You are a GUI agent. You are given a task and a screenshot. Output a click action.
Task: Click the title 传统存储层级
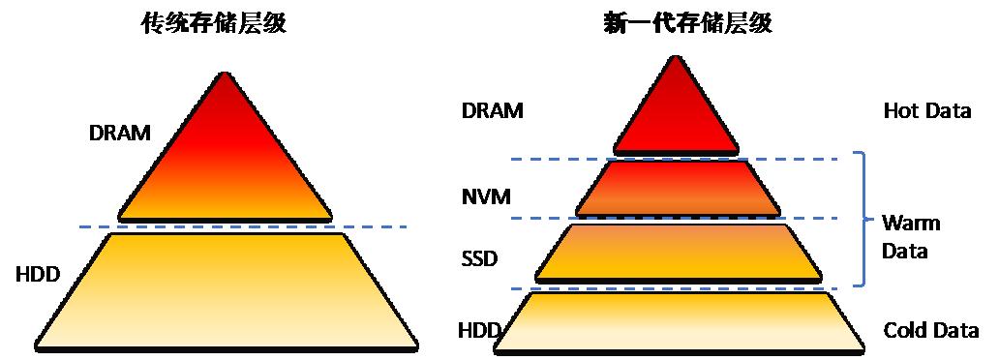213,24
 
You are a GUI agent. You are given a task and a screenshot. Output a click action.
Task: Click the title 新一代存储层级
687,24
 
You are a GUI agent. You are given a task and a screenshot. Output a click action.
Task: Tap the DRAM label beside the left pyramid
120,134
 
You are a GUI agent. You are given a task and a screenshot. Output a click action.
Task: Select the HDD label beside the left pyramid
38,275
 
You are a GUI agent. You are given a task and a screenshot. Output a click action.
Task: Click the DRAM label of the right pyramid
492,111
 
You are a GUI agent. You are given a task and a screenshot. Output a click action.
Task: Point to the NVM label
486,196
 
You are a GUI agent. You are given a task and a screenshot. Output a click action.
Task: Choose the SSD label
478,260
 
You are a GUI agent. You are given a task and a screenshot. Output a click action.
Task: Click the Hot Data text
927,111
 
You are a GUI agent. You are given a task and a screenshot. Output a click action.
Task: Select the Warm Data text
910,237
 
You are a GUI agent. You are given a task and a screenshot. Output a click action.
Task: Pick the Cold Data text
930,331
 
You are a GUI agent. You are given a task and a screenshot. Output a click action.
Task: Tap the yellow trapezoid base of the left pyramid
227,292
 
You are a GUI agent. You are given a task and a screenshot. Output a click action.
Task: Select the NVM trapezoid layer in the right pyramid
678,188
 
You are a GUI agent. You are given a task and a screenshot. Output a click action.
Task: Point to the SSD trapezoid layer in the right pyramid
678,253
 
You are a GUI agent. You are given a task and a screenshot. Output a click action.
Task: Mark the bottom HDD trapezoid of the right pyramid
680,322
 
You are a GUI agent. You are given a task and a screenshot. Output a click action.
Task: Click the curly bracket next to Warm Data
864,219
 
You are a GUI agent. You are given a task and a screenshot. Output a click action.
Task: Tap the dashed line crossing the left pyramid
243,226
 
